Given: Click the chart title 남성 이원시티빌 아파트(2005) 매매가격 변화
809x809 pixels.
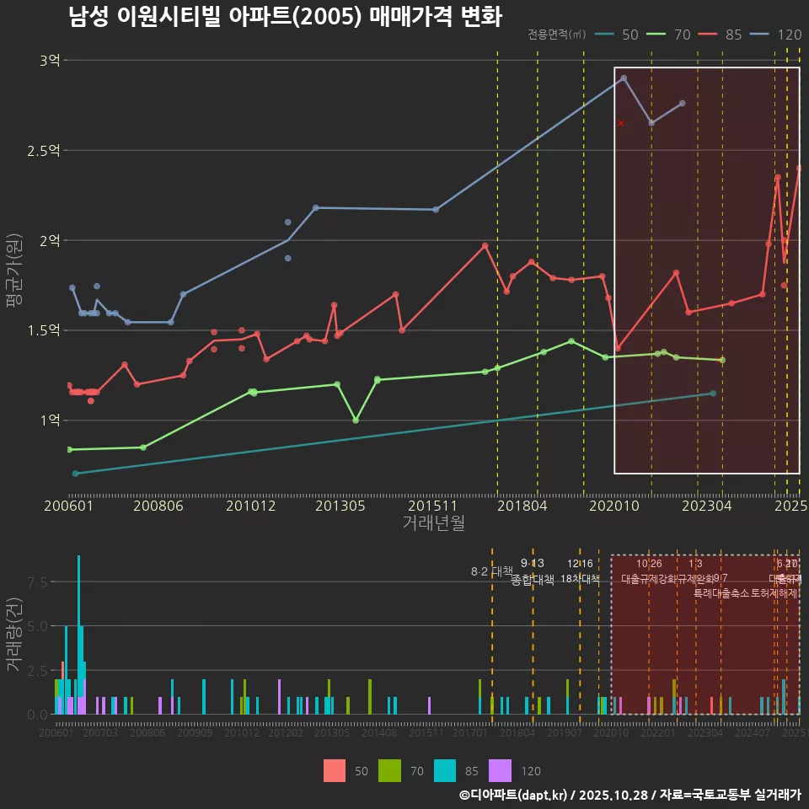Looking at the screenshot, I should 285,17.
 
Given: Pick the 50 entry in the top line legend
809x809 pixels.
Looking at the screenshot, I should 618,35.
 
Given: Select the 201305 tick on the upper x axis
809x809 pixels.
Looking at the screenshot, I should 340,506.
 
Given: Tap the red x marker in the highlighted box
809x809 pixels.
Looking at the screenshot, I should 621,123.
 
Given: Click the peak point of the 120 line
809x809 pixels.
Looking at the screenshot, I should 624,78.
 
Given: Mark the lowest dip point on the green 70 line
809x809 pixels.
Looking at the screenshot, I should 356,420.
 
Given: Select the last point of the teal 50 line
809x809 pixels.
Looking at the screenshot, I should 713,394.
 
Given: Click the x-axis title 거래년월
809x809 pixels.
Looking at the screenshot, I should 433,523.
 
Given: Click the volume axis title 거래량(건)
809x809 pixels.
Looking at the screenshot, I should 13,635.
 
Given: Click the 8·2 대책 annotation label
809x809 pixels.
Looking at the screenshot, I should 491,571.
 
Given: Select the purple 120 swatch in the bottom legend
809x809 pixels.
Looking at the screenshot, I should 500,770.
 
